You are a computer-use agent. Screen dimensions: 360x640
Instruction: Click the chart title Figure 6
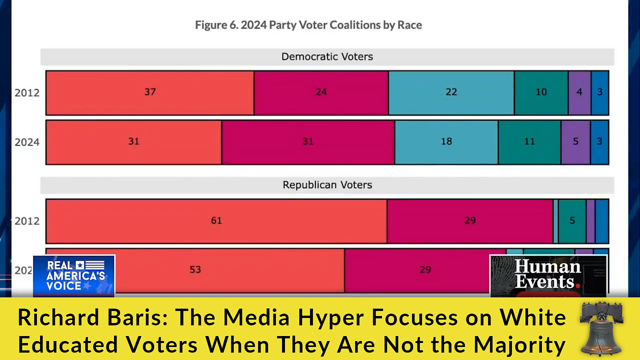point(308,25)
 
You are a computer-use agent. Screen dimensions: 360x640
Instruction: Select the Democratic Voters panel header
point(327,56)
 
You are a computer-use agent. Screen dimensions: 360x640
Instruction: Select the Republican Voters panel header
point(327,185)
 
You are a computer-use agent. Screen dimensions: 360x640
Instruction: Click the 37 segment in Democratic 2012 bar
point(150,92)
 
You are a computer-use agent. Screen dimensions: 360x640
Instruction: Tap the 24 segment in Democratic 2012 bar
point(321,92)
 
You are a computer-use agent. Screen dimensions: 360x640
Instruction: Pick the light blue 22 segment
point(451,92)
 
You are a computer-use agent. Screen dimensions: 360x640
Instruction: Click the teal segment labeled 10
point(541,92)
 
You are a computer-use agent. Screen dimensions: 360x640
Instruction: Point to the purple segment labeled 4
point(579,92)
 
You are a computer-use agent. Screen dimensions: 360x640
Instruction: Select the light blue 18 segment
point(446,141)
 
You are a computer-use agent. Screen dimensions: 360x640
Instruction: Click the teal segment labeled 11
point(529,141)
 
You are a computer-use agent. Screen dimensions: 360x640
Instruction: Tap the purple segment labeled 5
point(575,141)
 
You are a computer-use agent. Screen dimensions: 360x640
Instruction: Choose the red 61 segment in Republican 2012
point(216,220)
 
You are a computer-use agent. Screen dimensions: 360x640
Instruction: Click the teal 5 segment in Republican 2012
point(572,220)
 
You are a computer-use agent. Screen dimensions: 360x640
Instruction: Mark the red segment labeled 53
point(195,269)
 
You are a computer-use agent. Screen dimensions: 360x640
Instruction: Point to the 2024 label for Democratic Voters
point(27,142)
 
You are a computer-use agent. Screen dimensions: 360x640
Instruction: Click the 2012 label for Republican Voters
point(27,220)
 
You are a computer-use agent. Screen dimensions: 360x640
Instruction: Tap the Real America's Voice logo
point(74,275)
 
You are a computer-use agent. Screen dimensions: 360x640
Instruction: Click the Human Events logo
point(547,275)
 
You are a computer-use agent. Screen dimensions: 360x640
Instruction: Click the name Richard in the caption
point(50,317)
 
